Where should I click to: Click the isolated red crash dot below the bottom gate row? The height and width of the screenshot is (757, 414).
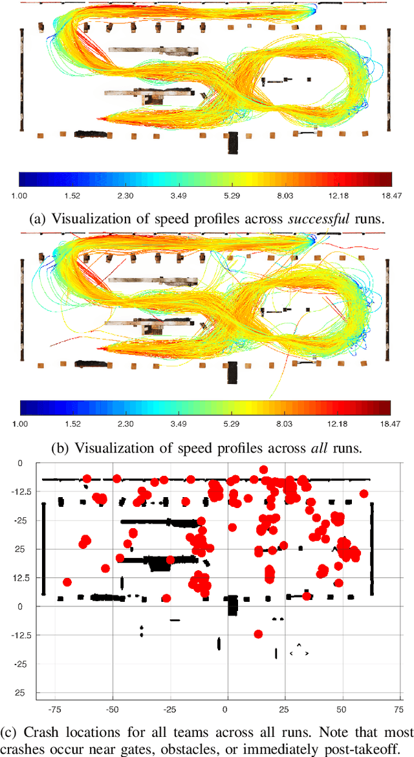click(x=258, y=634)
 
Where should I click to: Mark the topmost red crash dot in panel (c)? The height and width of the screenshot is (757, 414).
click(x=263, y=470)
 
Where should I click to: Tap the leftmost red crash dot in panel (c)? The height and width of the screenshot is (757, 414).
click(x=67, y=582)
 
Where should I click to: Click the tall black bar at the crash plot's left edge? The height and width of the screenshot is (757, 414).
click(x=43, y=548)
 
